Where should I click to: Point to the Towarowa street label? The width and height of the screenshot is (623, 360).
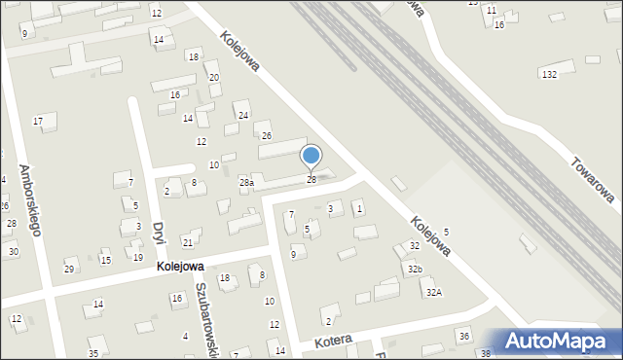[x=592, y=180]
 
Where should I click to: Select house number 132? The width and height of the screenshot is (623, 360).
[x=549, y=74]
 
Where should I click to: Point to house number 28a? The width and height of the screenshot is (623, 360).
[x=247, y=182]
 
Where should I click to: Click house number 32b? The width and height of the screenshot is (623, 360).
[x=416, y=269]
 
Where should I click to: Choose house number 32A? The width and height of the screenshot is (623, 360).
[x=433, y=292]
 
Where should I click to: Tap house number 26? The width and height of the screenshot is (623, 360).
[x=266, y=135]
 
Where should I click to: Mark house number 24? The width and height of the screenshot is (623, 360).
[x=243, y=116]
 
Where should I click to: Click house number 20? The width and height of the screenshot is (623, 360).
[x=214, y=77]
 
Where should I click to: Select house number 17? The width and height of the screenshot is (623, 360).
[x=38, y=121]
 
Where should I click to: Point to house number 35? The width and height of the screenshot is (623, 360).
[x=93, y=352]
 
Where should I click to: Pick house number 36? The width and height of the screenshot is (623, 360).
[x=464, y=336]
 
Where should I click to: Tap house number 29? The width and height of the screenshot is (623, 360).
[x=68, y=269]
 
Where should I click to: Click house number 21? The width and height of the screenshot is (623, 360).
[x=188, y=242]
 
